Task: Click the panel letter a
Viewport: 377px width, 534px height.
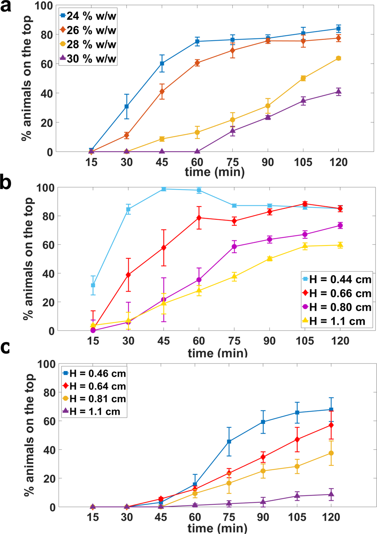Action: [6, 6]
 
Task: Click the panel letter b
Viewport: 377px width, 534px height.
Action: [6, 182]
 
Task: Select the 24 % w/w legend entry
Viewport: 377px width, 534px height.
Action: [88, 16]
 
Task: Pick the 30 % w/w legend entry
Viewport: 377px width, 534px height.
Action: [88, 59]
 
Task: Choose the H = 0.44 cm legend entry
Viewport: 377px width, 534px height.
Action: [336, 280]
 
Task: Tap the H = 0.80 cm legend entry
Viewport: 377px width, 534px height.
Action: [336, 307]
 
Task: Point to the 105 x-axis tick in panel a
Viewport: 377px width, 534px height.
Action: [303, 162]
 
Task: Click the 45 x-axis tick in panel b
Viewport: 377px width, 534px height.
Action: [164, 341]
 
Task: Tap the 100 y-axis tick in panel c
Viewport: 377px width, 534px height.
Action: [46, 364]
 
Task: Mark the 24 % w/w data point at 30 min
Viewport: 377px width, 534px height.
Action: [127, 106]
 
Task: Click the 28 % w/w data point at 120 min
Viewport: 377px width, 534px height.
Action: [338, 58]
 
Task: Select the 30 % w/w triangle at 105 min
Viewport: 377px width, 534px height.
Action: [303, 100]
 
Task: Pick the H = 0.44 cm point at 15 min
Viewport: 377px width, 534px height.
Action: [93, 285]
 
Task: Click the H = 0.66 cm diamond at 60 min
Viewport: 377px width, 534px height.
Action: [199, 218]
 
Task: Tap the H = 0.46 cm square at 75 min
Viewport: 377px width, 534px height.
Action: [229, 442]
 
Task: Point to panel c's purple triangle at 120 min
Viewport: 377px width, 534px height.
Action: [331, 494]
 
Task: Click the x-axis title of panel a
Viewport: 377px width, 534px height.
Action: [215, 172]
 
